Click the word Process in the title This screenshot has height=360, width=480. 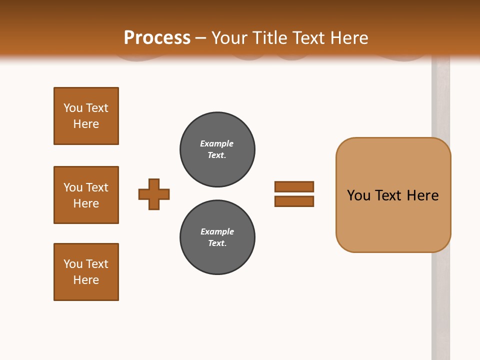tap(157, 38)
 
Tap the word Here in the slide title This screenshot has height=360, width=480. tap(348, 38)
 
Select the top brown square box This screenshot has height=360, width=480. tap(86, 116)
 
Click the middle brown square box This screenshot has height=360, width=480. tap(86, 195)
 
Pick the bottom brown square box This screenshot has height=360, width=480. tap(86, 272)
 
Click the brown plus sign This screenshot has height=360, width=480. tap(154, 194)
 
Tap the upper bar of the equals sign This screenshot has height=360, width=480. tap(294, 186)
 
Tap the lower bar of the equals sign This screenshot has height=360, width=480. tap(294, 201)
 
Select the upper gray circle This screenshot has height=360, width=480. tap(217, 149)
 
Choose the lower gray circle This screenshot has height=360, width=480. tap(217, 237)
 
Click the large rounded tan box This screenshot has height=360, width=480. tap(393, 220)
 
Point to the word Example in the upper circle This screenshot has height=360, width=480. tap(216, 143)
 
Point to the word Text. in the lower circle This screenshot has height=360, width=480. tap(217, 243)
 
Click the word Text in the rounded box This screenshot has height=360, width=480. tap(388, 195)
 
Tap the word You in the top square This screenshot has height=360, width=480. tap(73, 108)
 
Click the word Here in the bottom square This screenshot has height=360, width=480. tap(86, 280)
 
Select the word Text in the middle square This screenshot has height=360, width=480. tap(96, 187)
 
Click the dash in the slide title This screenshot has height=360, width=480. tap(200, 38)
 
